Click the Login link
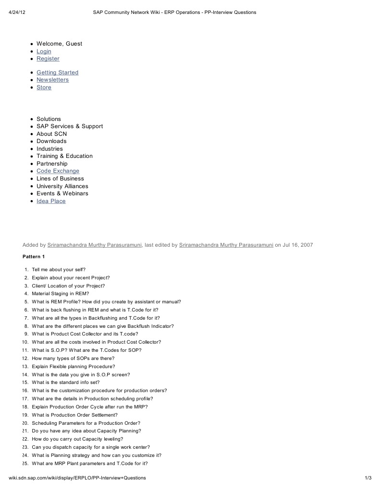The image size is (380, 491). (44, 51)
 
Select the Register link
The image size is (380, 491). (48, 59)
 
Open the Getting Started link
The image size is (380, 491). (57, 72)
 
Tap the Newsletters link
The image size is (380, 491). (52, 80)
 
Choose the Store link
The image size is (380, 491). (44, 87)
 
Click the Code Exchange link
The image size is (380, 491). (58, 171)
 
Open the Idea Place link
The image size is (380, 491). (51, 201)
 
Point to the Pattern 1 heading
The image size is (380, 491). (34, 257)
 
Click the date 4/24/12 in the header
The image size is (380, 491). (17, 12)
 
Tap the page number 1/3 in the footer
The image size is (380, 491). (368, 478)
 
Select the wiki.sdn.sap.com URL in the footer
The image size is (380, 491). (77, 478)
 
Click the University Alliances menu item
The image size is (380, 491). (62, 186)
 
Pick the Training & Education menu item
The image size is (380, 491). (64, 156)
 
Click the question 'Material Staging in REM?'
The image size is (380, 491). (61, 294)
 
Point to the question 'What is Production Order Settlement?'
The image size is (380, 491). (74, 415)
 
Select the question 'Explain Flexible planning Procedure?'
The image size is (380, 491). (74, 366)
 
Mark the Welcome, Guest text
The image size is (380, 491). (59, 44)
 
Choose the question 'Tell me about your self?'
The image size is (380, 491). (59, 270)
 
